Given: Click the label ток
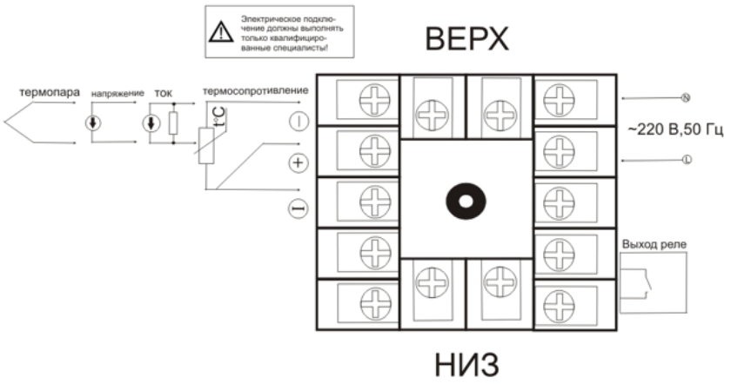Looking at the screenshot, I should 163,90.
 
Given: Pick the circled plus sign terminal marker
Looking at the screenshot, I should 298,162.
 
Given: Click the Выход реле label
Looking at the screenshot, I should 653,244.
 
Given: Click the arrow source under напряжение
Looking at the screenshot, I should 92,122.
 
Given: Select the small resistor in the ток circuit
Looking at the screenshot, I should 173,122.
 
